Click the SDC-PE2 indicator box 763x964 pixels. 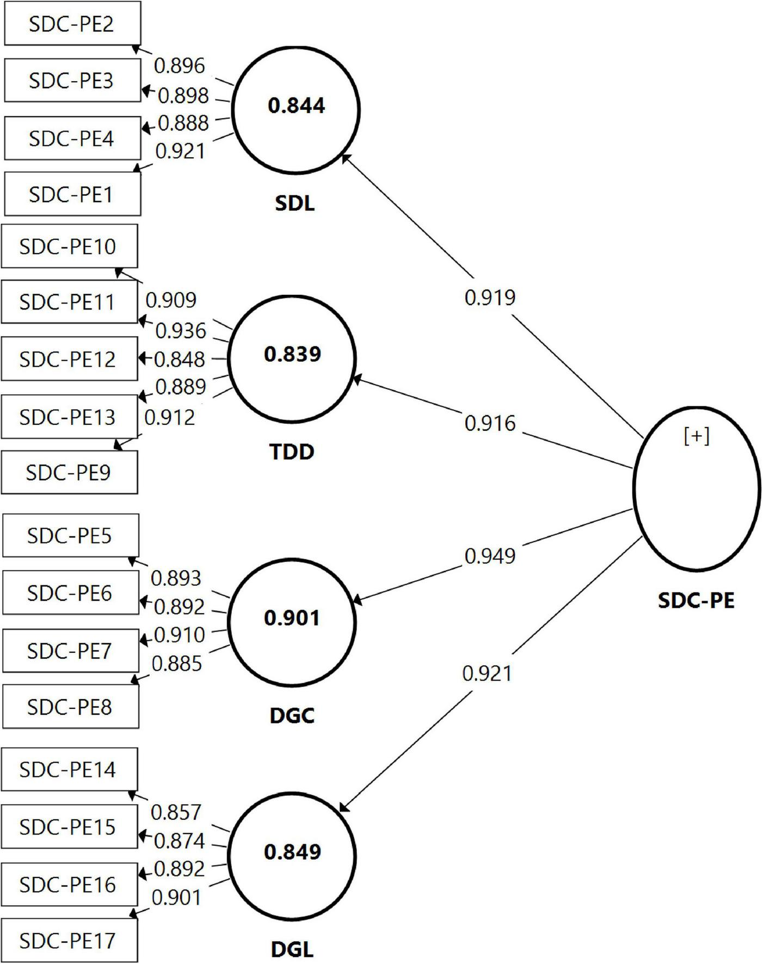tap(72, 23)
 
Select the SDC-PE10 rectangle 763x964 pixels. tap(69, 246)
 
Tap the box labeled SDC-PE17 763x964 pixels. tap(69, 940)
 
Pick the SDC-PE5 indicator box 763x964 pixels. tap(70, 535)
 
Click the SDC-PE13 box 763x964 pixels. tap(69, 417)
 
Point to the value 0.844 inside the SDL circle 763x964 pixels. tap(296, 105)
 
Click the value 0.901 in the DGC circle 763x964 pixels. tap(292, 618)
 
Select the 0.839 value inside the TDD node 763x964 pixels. tap(292, 354)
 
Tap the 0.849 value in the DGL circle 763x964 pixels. tap(292, 852)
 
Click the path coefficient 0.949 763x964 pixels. tap(490, 556)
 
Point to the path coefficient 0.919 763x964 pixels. tap(490, 298)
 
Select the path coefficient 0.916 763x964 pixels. tap(490, 423)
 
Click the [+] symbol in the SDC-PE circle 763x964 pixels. tap(697, 436)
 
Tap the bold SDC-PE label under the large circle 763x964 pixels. tap(696, 600)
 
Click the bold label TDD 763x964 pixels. tap(292, 452)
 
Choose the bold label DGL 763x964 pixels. tap(292, 950)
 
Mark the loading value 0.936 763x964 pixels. tap(181, 330)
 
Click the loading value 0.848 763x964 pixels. tap(180, 359)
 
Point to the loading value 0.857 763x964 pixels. tap(176, 812)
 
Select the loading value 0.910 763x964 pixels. tap(180, 634)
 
